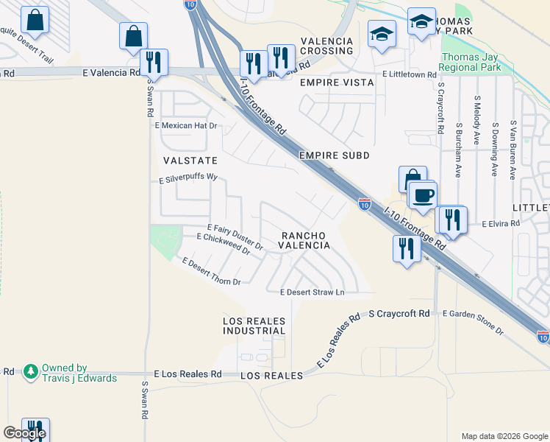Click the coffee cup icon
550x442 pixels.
[422, 196]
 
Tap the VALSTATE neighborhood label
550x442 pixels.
[189, 159]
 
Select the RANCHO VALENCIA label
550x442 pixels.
[303, 240]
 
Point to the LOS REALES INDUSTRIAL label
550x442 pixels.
[254, 326]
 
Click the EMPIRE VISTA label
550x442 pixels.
[337, 83]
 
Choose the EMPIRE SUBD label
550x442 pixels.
[334, 155]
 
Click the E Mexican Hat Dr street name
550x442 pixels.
[187, 126]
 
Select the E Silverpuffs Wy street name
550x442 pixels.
[189, 178]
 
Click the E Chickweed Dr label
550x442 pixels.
[229, 244]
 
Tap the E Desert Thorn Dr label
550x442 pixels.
[211, 272]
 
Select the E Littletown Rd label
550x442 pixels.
[405, 74]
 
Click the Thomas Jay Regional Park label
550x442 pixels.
[470, 63]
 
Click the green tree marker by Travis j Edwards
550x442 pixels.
[30, 371]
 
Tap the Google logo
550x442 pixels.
[24, 433]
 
